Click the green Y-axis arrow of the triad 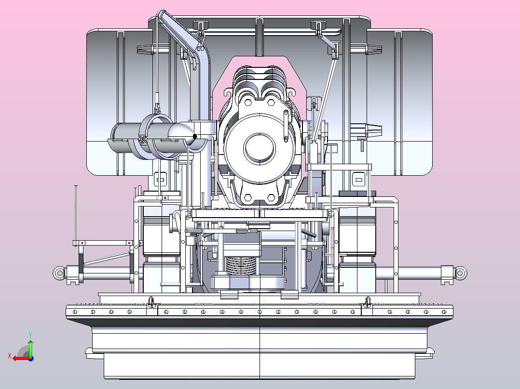[x=30, y=348]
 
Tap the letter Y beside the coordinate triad [x=30, y=335]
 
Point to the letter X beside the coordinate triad [x=10, y=356]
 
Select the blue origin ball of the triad [x=31, y=359]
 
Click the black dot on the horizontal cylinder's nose [x=195, y=136]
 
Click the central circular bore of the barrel [x=260, y=148]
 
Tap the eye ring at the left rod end [x=59, y=273]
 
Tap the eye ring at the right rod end [x=460, y=273]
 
